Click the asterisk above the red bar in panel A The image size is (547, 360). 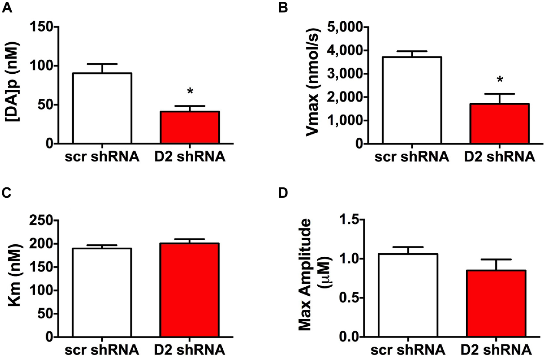(x=190, y=92)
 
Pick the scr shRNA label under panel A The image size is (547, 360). (x=102, y=157)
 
